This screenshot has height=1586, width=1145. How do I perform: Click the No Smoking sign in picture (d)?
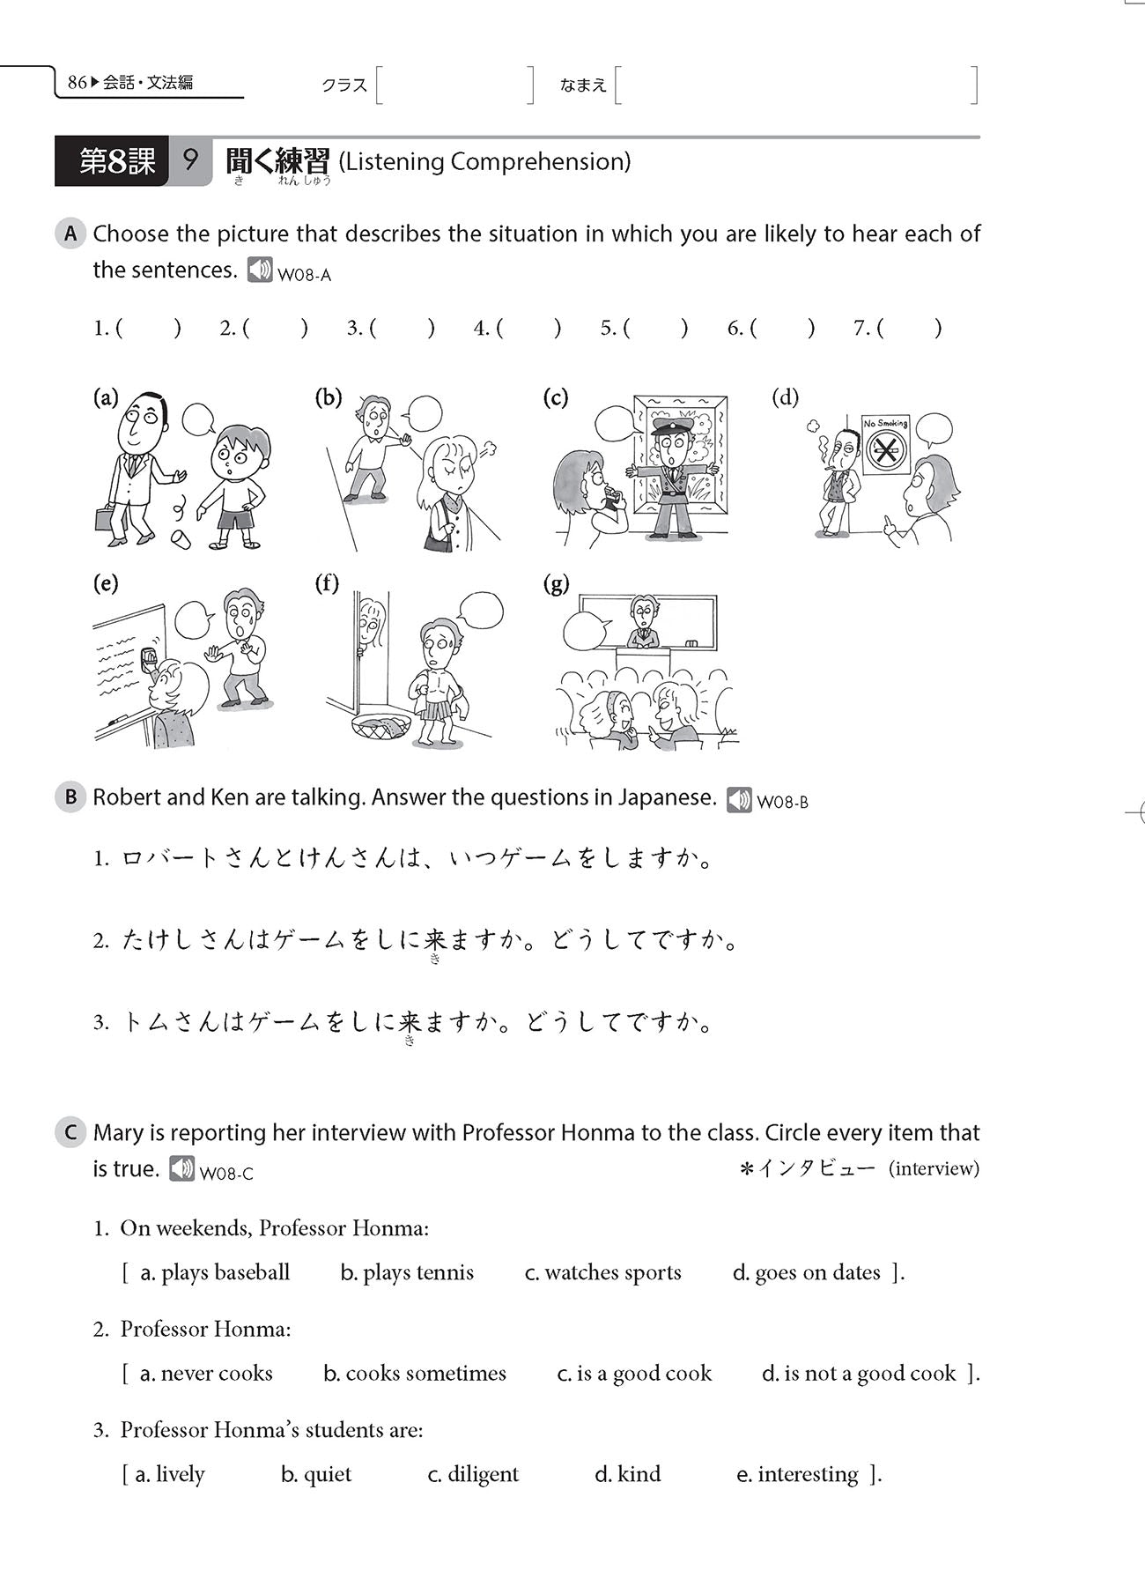[885, 444]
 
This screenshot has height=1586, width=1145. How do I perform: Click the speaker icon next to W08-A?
[260, 270]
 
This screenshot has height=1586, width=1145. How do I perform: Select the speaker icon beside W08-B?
[739, 800]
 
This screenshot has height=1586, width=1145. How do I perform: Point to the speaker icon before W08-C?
[182, 1169]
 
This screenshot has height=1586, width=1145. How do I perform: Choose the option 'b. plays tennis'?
[407, 1272]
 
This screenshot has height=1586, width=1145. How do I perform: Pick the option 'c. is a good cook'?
[634, 1373]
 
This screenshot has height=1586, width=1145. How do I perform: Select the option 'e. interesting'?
[796, 1474]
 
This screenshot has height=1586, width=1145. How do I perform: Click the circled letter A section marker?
[70, 234]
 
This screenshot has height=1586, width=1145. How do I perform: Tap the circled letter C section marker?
[70, 1133]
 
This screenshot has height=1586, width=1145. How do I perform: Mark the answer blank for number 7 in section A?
[910, 329]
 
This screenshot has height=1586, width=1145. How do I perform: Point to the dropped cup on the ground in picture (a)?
[181, 537]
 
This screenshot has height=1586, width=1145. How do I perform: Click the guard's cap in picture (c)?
[673, 427]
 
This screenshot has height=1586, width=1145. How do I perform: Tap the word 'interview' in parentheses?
[934, 1169]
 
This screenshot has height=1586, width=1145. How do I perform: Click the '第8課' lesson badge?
[116, 162]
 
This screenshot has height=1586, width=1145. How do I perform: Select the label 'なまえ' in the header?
[583, 85]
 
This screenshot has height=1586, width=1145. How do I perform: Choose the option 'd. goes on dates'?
[806, 1272]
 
